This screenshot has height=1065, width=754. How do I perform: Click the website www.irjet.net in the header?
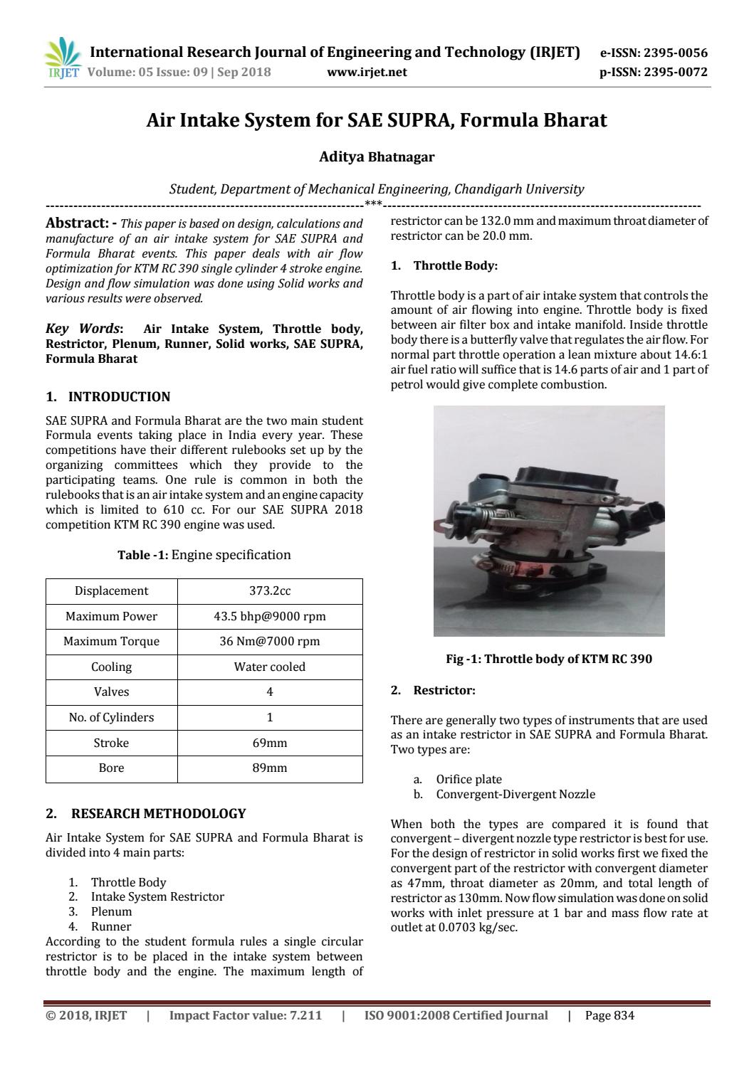pyautogui.click(x=367, y=72)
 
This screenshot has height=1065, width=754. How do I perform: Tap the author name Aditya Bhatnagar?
pyautogui.click(x=377, y=157)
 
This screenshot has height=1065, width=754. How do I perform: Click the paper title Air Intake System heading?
pyautogui.click(x=377, y=120)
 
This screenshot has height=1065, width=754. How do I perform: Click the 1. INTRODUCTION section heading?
pyautogui.click(x=108, y=397)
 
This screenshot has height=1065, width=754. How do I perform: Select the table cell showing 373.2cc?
pyautogui.click(x=270, y=591)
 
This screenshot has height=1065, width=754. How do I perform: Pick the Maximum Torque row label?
pyautogui.click(x=111, y=642)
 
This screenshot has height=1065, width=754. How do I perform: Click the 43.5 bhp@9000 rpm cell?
pyautogui.click(x=270, y=617)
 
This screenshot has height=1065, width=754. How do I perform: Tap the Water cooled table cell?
pyautogui.click(x=270, y=667)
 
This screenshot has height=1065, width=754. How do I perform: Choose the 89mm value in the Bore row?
pyautogui.click(x=270, y=768)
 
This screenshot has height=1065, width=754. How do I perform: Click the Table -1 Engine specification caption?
pyautogui.click(x=204, y=555)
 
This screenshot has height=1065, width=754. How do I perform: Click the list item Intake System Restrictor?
pyautogui.click(x=157, y=897)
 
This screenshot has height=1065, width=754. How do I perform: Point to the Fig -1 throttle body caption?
pyautogui.click(x=548, y=659)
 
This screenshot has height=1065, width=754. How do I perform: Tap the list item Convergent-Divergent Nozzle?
pyautogui.click(x=515, y=795)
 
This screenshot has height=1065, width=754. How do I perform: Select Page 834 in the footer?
pyautogui.click(x=609, y=1016)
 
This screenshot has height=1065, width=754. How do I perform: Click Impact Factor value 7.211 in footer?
pyautogui.click(x=245, y=1016)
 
